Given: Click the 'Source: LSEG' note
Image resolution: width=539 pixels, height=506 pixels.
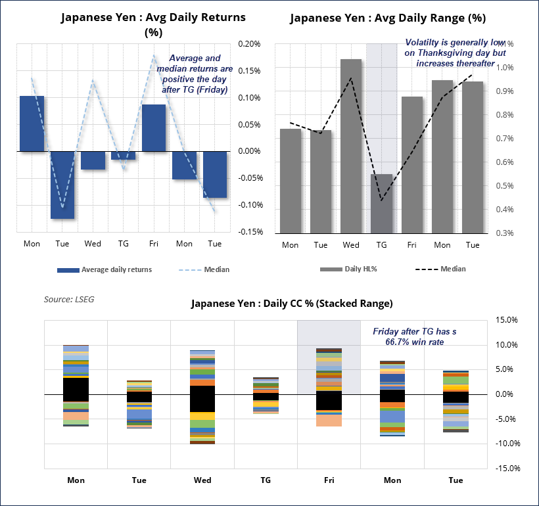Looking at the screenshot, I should pos(69,299).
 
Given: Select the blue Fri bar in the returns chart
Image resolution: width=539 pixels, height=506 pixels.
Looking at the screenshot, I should pos(153,128).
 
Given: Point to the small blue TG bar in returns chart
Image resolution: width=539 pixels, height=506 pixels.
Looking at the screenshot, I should pos(123,156).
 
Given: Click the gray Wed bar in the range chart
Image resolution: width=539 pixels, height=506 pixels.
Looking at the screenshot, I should pos(350,146).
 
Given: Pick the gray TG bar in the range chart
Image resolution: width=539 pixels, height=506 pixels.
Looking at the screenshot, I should pos(381,203).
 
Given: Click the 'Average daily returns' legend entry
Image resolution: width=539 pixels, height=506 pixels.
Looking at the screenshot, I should pos(105,269).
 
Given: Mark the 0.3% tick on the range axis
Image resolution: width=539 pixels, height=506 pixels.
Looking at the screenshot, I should pos(505,233).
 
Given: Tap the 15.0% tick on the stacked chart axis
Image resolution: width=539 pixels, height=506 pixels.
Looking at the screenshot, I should pos(508,320).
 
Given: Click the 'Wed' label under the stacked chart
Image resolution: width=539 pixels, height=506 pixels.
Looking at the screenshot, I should pos(202,480).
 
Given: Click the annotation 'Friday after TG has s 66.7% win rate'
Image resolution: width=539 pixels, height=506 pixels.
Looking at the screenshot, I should pos(414,337).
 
